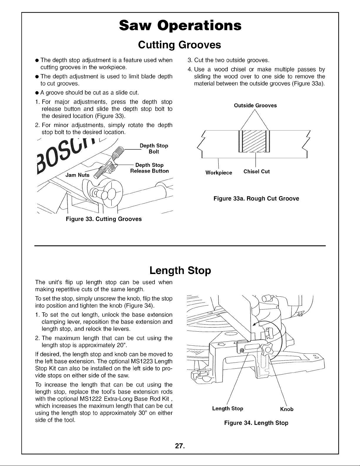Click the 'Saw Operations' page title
tap(180, 26)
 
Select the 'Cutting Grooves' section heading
tap(180, 45)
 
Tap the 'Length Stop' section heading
tap(180, 271)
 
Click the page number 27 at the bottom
tap(180, 446)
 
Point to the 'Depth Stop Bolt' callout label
tap(154, 148)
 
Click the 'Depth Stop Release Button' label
tap(150, 168)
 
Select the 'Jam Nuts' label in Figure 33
tap(77, 175)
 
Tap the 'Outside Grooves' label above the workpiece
tap(255, 106)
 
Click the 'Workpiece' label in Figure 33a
tap(219, 173)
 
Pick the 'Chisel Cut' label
tap(257, 172)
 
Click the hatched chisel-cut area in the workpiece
tap(254, 141)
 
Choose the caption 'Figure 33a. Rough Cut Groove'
tap(256, 198)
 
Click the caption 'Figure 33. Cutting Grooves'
tap(104, 219)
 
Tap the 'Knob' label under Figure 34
tap(287, 409)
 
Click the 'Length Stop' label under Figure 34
tap(227, 409)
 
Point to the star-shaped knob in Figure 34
tap(267, 350)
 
